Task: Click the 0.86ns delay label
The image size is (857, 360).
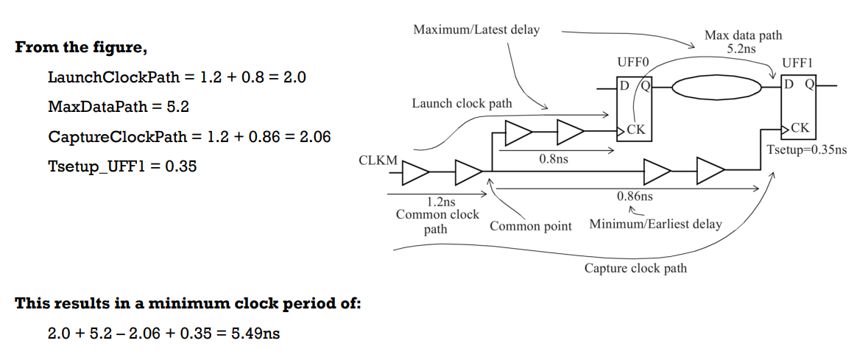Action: point(634,197)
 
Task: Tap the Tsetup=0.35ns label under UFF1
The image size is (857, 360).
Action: point(806,149)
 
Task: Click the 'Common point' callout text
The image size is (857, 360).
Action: point(530,226)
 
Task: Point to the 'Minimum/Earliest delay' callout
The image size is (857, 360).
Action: point(655,224)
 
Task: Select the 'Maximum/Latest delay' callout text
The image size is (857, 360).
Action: point(476,30)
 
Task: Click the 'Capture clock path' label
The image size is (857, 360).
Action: point(635,268)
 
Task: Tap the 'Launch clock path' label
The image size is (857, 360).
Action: point(462,104)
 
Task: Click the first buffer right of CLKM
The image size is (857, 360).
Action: point(415,173)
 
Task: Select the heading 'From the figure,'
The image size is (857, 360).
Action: point(81,48)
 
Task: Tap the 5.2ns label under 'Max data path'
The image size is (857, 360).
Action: point(742,49)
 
